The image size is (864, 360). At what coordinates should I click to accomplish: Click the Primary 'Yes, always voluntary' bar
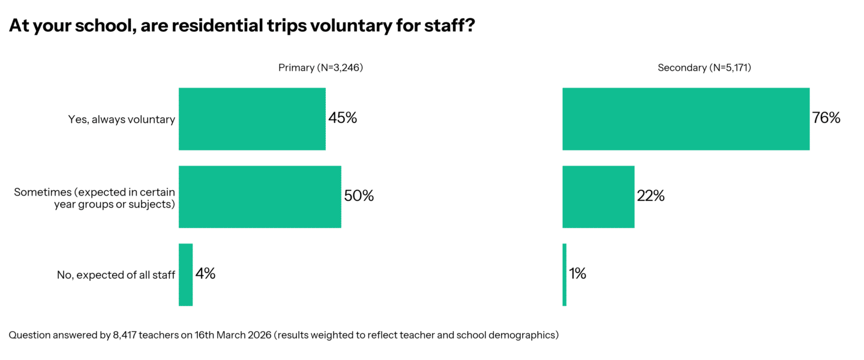[x=252, y=119]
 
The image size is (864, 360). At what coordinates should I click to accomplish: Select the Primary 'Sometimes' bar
[x=260, y=197]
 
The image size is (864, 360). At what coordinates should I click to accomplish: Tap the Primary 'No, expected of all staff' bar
[x=185, y=275]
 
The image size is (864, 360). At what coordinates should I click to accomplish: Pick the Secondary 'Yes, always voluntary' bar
[x=686, y=119]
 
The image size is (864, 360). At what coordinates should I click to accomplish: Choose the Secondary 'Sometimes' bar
[x=598, y=197]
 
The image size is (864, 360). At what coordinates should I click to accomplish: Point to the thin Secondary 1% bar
[x=565, y=275]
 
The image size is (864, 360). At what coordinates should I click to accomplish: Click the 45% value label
[x=343, y=118]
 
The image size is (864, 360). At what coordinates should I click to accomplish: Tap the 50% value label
[x=359, y=196]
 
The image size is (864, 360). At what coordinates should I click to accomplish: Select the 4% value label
[x=205, y=274]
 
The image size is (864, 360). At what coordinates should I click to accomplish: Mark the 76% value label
[x=826, y=118]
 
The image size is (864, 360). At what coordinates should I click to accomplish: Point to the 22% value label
[x=651, y=196]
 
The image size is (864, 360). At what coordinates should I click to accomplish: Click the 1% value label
[x=578, y=274]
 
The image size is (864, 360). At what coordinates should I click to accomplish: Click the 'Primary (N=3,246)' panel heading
[x=320, y=68]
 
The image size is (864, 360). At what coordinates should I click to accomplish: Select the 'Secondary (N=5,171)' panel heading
[x=704, y=68]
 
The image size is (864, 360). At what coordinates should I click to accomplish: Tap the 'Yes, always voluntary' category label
[x=122, y=119]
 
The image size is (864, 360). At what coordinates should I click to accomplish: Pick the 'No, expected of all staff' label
[x=116, y=275]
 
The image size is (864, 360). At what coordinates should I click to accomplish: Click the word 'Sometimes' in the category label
[x=37, y=193]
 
